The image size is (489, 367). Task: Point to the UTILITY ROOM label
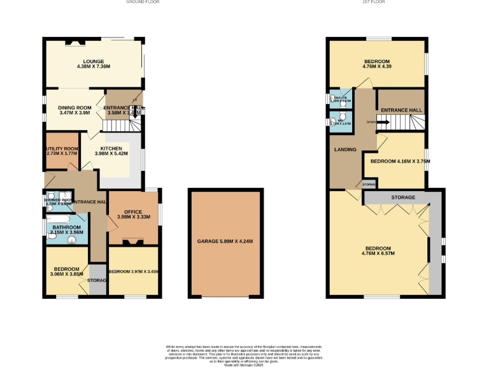(x=62, y=150)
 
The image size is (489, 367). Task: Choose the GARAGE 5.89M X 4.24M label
(x=225, y=241)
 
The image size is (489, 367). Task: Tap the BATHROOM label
(x=66, y=229)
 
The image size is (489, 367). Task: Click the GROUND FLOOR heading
(x=143, y=3)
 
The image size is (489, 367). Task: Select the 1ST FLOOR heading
(x=373, y=3)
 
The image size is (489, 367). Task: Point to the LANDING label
(x=344, y=150)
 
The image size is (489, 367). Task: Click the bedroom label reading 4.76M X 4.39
(x=376, y=64)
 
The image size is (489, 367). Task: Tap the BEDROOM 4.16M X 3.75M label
(x=400, y=161)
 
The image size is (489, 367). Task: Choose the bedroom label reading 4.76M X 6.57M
(x=378, y=250)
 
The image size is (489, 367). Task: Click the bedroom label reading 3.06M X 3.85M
(x=67, y=271)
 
